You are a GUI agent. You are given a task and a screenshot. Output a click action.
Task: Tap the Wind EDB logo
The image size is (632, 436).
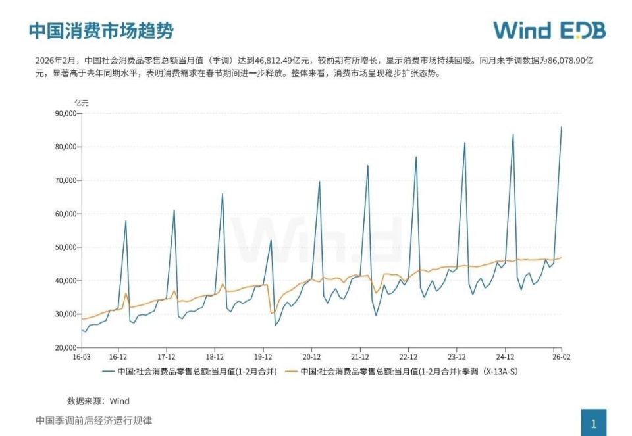point(549,30)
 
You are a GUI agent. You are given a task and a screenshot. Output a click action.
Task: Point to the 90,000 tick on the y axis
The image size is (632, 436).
point(64,113)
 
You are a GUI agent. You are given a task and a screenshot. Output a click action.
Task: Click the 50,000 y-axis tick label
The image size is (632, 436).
point(64,247)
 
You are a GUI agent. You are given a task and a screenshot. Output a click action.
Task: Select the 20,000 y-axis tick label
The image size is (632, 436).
point(64,347)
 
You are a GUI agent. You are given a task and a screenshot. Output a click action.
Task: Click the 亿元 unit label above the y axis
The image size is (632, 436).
point(80,103)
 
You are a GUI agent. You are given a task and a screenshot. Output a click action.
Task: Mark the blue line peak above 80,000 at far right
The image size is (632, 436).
point(561,128)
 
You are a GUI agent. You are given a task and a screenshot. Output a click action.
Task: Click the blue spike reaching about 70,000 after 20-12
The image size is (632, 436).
point(319,182)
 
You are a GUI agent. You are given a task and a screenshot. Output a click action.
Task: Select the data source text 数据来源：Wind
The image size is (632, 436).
point(98,400)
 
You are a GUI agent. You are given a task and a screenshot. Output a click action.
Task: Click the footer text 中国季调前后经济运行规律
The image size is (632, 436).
point(93,420)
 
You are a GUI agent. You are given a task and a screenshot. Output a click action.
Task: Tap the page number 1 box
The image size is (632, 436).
point(593,423)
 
